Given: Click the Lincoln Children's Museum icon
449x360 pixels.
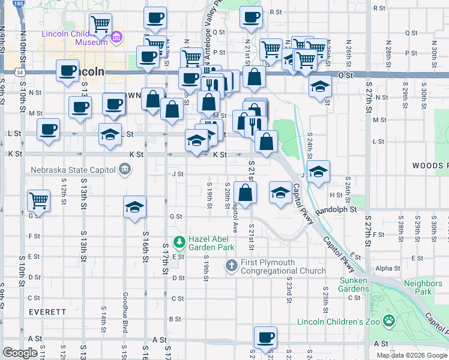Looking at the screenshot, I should [x=116, y=38].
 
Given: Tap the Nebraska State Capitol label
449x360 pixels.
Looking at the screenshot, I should [x=73, y=169].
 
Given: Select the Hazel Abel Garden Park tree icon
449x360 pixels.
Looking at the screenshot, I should [x=178, y=242].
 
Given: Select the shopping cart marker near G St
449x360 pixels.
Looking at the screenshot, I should [x=38, y=200].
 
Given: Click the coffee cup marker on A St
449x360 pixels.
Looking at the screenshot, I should [x=265, y=337].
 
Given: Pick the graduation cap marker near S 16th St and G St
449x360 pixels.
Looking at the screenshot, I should [x=134, y=207].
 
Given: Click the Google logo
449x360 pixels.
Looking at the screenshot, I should [x=20, y=353].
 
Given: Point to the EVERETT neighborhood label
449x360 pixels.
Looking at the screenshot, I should [x=47, y=312].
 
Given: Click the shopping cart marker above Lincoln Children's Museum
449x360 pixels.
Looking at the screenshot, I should [x=100, y=25].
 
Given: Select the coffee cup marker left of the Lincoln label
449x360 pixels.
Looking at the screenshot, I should [x=67, y=70].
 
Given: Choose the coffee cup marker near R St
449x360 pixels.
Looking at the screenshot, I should [x=251, y=17].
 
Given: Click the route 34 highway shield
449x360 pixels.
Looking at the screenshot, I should [x=20, y=72].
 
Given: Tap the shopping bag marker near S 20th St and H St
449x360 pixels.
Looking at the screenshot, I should [x=246, y=192].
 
